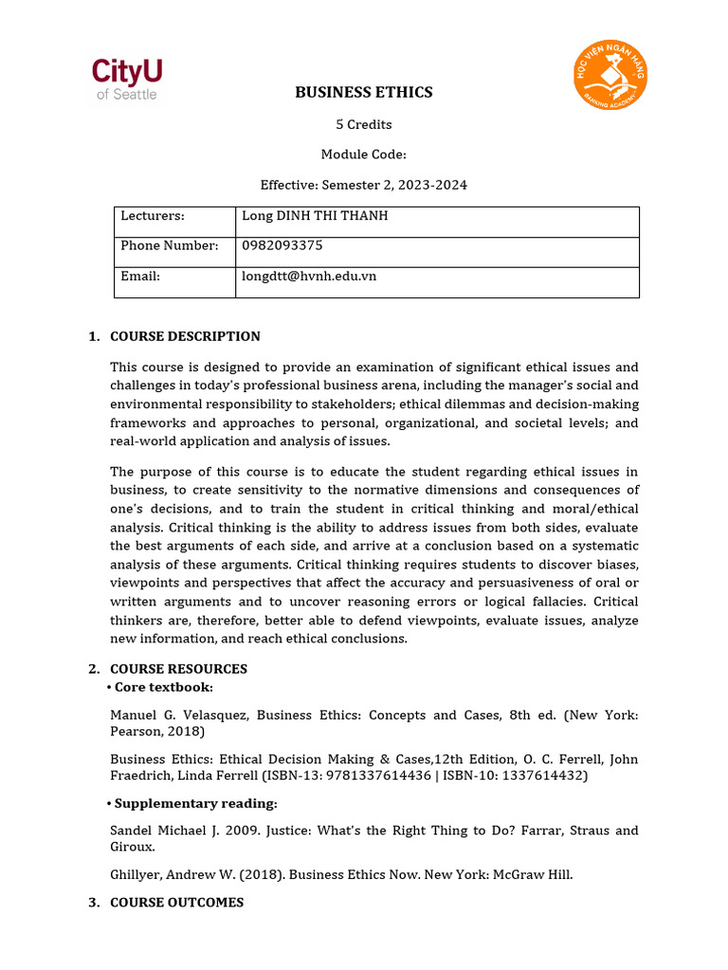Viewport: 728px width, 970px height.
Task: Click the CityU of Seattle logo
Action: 126,80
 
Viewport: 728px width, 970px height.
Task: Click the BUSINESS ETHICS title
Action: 363,92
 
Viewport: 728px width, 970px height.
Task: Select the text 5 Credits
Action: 363,124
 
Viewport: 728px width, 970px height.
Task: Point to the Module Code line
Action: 363,154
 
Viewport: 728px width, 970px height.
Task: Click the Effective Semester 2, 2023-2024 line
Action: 363,185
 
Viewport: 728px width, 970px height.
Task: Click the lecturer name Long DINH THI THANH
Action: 315,216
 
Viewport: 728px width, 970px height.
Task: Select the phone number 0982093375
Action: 282,245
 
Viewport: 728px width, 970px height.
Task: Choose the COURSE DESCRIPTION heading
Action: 185,336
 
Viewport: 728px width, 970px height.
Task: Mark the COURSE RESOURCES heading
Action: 178,669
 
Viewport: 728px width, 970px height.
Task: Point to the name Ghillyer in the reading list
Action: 136,874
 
